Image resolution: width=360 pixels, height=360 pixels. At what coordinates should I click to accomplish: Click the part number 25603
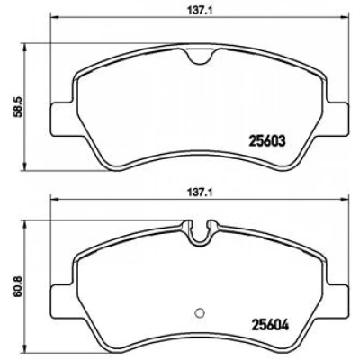click(x=267, y=141)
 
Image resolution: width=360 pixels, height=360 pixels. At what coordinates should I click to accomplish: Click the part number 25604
click(x=271, y=325)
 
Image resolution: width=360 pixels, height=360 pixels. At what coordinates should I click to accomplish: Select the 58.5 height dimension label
click(x=17, y=106)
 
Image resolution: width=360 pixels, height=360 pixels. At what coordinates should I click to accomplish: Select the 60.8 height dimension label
click(x=17, y=286)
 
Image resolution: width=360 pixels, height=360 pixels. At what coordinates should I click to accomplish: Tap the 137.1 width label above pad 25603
click(x=200, y=11)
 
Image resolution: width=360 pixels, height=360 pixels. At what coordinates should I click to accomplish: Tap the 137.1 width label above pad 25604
click(x=200, y=193)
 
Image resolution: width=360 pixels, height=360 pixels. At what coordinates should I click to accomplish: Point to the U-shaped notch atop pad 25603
click(x=200, y=57)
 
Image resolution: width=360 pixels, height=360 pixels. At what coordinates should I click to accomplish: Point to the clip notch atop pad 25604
click(x=200, y=232)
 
